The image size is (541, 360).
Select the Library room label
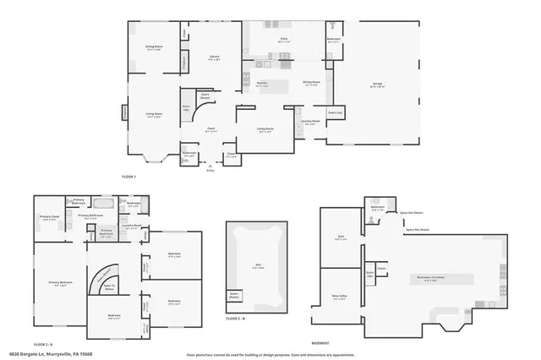pyautogui.click(x=214, y=57)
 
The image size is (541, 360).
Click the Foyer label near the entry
pyautogui.click(x=211, y=129)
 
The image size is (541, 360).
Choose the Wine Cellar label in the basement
pyautogui.click(x=340, y=297)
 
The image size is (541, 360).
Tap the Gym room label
pyautogui.click(x=340, y=238)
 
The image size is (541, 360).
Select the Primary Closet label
pyautogui.click(x=49, y=219)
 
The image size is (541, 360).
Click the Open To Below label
pyautogui.click(x=109, y=286)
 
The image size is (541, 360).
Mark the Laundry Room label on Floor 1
pyautogui.click(x=309, y=121)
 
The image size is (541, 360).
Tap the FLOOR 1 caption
pyautogui.click(x=128, y=177)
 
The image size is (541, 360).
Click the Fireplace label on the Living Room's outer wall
pyautogui.click(x=125, y=112)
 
